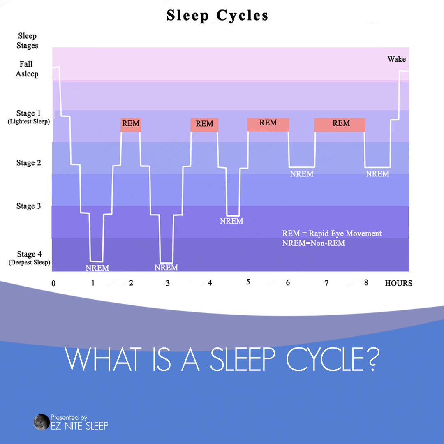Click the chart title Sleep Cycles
[x=217, y=16]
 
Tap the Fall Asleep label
[x=27, y=69]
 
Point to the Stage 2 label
[x=28, y=163]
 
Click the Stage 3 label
[x=28, y=206]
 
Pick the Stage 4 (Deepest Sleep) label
[x=29, y=258]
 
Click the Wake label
[x=396, y=59]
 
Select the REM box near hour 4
[x=204, y=125]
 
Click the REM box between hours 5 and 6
[x=268, y=124]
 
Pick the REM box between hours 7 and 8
[x=340, y=124]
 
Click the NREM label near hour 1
[x=97, y=268]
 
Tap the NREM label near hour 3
[x=166, y=268]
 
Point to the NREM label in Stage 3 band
[x=231, y=221]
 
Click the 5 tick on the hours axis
[x=248, y=282]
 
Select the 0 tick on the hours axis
[x=53, y=283]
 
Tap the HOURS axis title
[x=398, y=283]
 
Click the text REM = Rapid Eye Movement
[x=332, y=234]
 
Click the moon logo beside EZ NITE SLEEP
[x=41, y=422]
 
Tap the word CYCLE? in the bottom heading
[x=332, y=360]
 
